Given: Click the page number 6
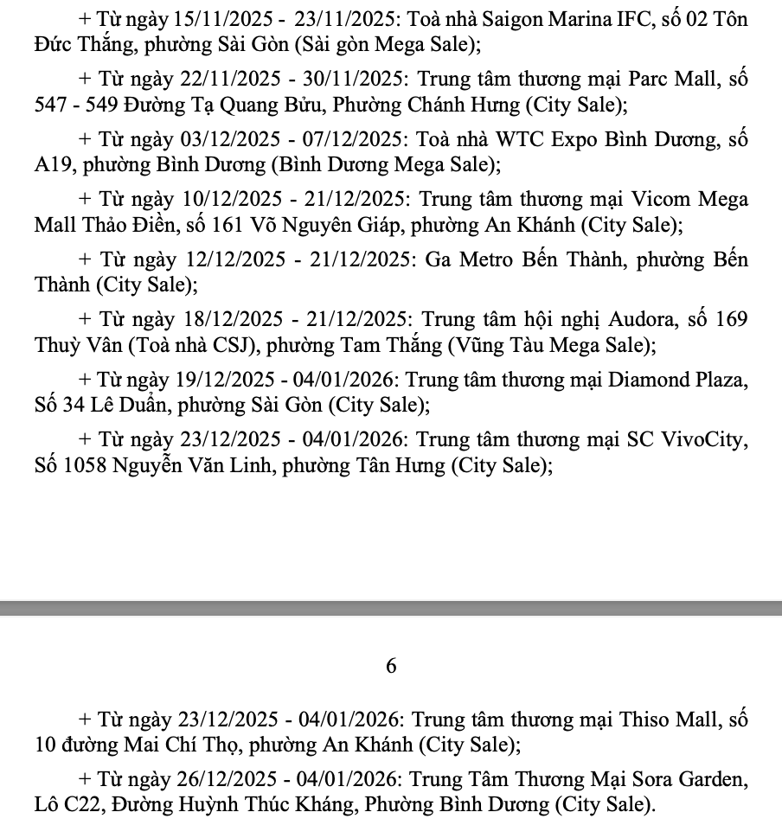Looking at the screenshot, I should pyautogui.click(x=391, y=666).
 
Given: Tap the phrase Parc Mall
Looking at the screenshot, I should pyautogui.click(x=672, y=79).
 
